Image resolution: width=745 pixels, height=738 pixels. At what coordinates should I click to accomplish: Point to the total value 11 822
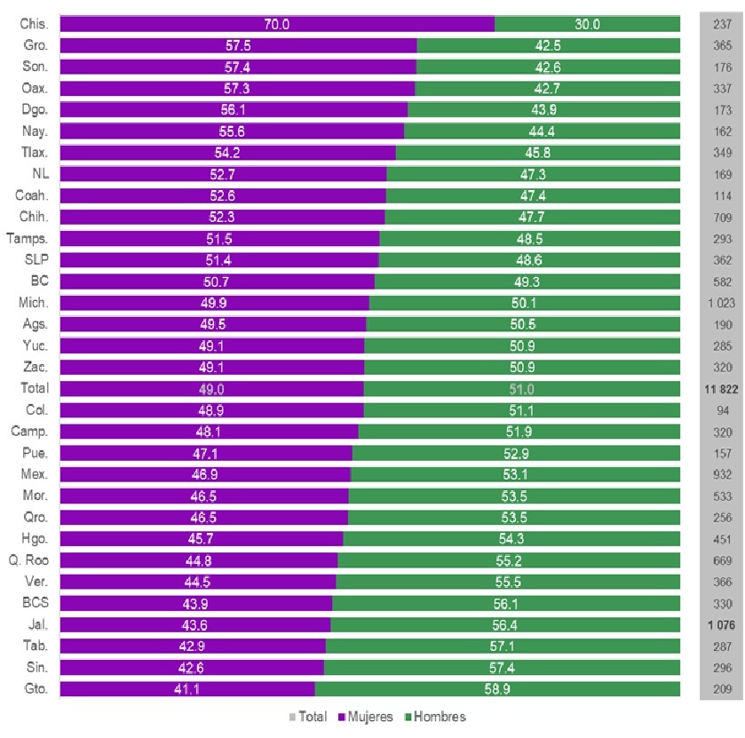point(722,388)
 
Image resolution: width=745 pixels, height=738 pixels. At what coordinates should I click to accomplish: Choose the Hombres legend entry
point(434,717)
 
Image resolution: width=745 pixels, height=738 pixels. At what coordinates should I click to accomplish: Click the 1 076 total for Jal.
point(722,624)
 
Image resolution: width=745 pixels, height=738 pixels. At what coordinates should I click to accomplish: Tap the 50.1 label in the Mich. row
point(524,303)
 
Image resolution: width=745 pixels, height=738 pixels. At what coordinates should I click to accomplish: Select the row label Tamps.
point(28,238)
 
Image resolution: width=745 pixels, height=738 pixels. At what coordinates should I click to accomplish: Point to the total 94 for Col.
point(722,409)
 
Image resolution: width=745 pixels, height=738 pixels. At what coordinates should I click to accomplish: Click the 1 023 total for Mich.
point(722,303)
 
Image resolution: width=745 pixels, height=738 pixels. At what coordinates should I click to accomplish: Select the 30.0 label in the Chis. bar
point(587,24)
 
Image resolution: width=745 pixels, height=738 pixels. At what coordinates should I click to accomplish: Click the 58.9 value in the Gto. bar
point(496,688)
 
